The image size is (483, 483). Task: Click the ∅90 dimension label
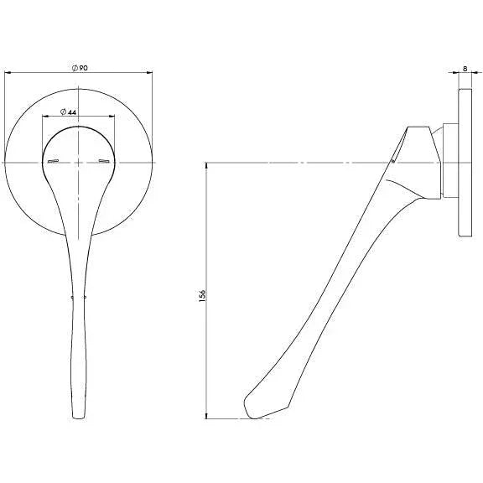80,67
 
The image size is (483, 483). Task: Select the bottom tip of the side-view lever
248,413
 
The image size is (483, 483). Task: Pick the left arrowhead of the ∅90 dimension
8,74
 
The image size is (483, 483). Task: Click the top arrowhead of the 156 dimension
206,166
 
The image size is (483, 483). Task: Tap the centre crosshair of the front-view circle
80,163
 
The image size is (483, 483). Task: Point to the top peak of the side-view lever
411,128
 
